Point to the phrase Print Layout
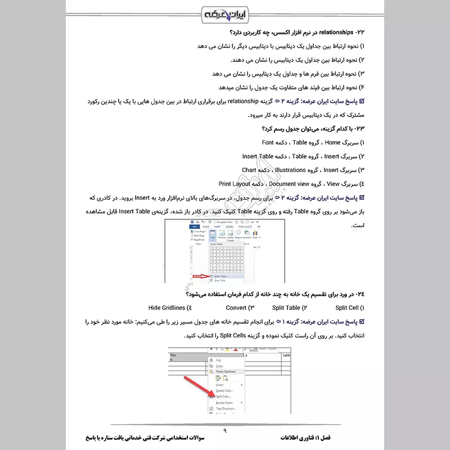tap(235, 184)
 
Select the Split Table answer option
tap(286, 308)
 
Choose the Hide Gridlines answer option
tap(166, 308)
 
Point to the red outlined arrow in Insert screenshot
tap(200, 276)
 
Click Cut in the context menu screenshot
tap(219, 360)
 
